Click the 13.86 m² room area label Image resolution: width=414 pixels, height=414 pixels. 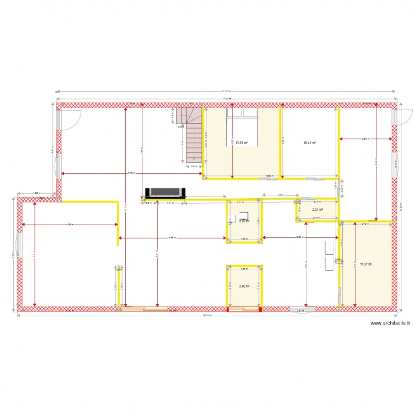(241, 142)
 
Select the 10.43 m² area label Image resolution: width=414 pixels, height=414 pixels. (309, 142)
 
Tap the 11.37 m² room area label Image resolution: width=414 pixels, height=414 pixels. (365, 264)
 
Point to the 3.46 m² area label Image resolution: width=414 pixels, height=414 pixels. (243, 286)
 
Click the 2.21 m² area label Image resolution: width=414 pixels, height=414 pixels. (317, 210)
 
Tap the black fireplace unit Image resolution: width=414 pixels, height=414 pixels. (163, 192)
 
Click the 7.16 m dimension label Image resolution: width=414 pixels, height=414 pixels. (131, 173)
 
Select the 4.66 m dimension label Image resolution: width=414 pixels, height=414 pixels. (69, 225)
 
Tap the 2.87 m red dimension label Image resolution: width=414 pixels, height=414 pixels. (365, 139)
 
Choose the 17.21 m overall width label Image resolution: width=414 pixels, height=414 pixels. (226, 91)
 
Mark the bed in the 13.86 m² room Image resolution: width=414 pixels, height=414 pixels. (243, 113)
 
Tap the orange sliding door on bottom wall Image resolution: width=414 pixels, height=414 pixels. (144, 310)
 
